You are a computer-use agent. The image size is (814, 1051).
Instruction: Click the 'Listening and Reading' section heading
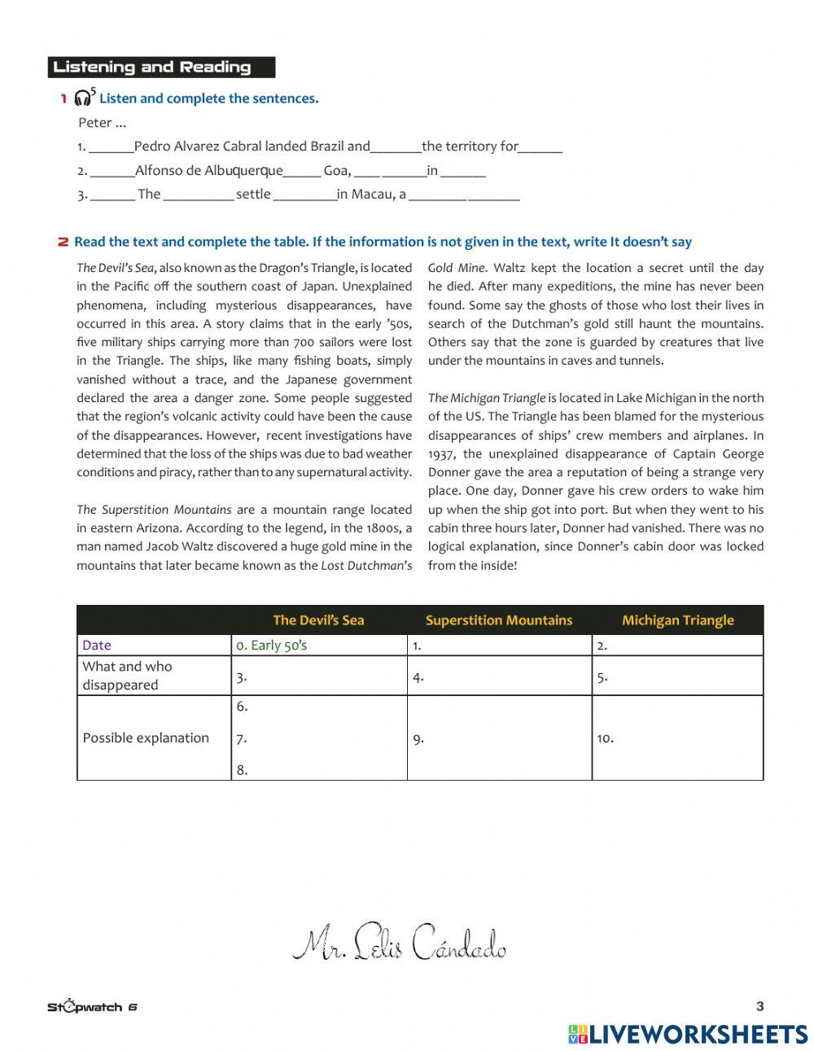152,68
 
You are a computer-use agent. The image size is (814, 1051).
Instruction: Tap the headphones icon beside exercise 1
82,99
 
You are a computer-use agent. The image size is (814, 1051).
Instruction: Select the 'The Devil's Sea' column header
318,620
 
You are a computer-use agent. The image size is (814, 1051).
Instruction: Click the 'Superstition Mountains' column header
498,620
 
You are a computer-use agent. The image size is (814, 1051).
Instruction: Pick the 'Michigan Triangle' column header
677,620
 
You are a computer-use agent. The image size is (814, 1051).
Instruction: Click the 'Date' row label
97,646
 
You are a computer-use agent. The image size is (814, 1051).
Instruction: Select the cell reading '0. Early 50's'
272,646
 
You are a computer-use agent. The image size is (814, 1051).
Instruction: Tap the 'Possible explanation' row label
146,738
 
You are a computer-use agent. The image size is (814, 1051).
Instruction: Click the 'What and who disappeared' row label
127,676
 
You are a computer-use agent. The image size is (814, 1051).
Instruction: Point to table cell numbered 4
499,677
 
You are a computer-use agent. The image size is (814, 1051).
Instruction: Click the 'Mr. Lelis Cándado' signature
399,944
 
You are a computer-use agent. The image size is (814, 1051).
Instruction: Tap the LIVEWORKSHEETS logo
688,1034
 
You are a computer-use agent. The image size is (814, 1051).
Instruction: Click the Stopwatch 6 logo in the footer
92,1007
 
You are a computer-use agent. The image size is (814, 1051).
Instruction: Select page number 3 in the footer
760,1006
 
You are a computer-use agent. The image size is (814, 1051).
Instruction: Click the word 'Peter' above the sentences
94,123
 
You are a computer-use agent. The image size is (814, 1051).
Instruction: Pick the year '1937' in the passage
444,454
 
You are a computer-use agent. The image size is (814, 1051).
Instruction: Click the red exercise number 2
63,242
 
